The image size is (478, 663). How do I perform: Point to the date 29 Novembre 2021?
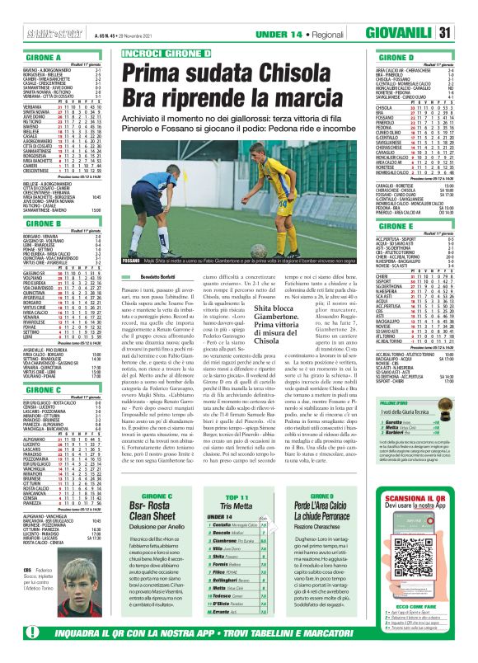(x=102, y=32)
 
